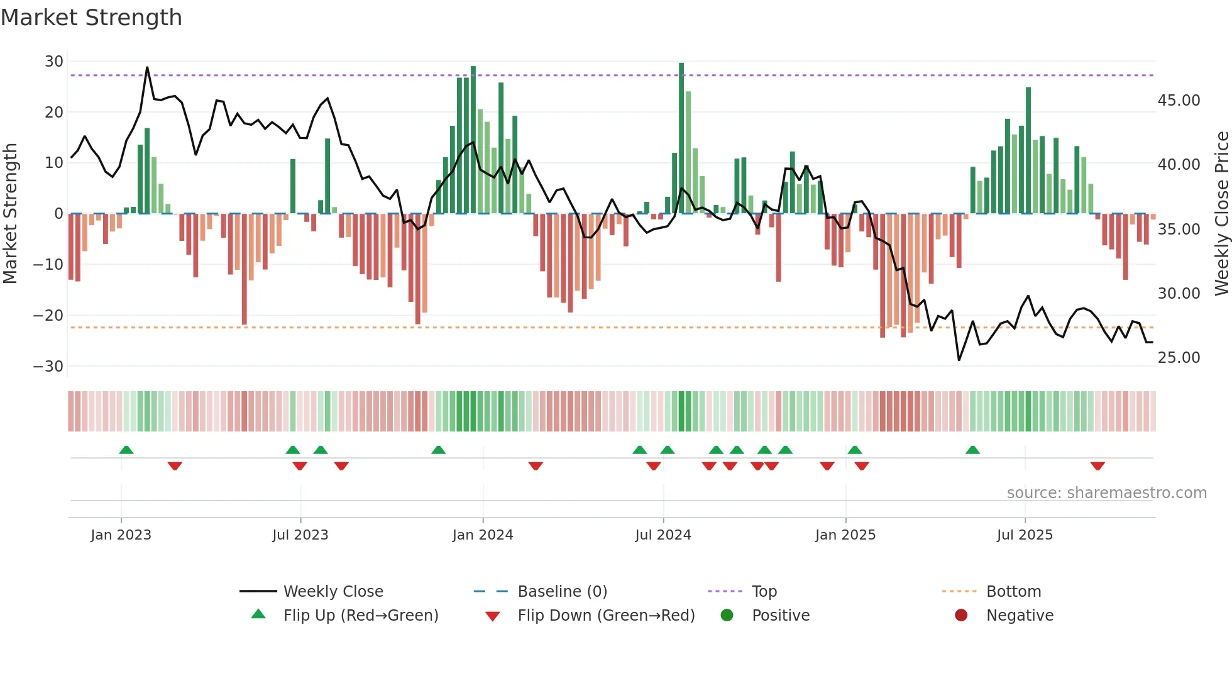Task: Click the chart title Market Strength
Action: click(91, 18)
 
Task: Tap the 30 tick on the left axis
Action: click(54, 62)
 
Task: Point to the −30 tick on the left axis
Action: click(48, 367)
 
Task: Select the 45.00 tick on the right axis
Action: click(1179, 101)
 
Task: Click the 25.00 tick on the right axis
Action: click(1179, 358)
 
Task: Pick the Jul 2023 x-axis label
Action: click(300, 535)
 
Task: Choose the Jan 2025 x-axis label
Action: click(845, 535)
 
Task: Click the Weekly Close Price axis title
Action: click(1221, 214)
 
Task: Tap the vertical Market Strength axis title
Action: click(11, 214)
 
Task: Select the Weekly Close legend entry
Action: click(333, 592)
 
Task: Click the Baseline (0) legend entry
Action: click(562, 592)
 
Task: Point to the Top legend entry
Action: click(764, 592)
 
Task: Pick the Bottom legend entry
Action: click(1013, 592)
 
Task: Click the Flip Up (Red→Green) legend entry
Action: click(360, 616)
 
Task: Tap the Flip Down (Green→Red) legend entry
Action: click(606, 616)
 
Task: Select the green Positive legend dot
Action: click(727, 616)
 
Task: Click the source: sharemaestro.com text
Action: click(1106, 493)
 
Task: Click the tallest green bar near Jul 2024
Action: click(681, 138)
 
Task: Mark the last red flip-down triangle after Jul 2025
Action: click(1097, 466)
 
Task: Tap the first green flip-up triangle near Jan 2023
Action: click(126, 450)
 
